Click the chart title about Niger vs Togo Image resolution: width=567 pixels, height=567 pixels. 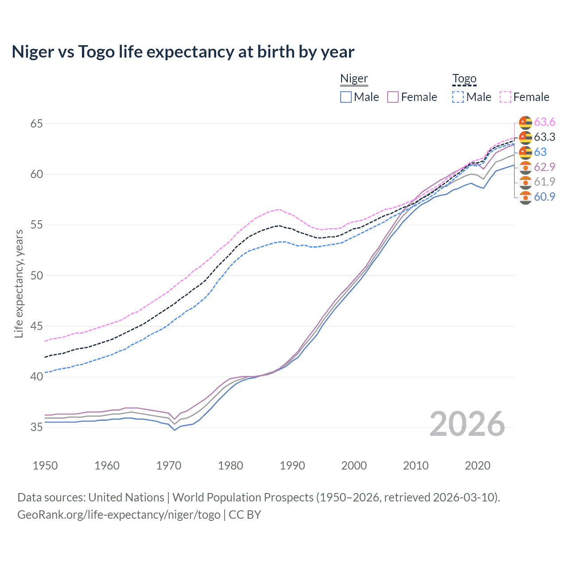click(183, 52)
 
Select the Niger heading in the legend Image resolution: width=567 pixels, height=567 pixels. click(354, 79)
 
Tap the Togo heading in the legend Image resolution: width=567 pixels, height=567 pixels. click(464, 79)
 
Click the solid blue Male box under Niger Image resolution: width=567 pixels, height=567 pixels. click(346, 97)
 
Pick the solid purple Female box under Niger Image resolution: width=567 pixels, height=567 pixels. click(393, 97)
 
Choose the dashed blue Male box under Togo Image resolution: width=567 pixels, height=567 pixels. click(458, 97)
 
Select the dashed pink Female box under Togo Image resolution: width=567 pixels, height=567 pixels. click(505, 97)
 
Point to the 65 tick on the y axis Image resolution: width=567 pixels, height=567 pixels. click(37, 124)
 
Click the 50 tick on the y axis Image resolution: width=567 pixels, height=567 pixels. click(37, 276)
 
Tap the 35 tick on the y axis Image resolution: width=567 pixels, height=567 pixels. click(37, 427)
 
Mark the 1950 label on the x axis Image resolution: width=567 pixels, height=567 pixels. click(45, 466)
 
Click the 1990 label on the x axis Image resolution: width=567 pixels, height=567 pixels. click(292, 466)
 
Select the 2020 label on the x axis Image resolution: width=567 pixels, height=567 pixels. click(478, 466)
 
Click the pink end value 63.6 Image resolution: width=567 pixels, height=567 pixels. click(544, 122)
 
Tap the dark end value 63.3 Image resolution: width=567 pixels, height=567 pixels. click(544, 137)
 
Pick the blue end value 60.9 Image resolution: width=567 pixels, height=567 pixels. click(544, 197)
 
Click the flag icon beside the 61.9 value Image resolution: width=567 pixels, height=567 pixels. click(525, 182)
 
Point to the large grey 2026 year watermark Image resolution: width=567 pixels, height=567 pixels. click(467, 424)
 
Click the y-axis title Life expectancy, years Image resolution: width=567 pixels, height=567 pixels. click(19, 283)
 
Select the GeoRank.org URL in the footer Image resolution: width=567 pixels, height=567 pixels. click(119, 515)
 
